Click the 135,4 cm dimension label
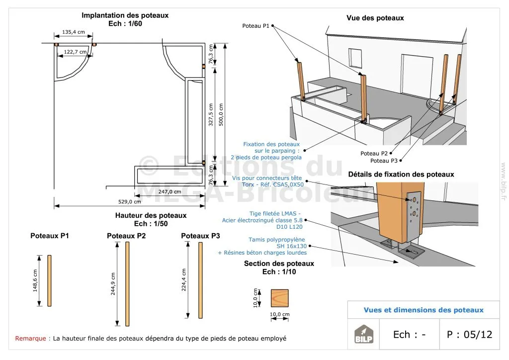pyautogui.click(x=74, y=32)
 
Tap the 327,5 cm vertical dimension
pyautogui.click(x=211, y=114)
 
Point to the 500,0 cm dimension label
pyautogui.click(x=221, y=114)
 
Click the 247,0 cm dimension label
pyautogui.click(x=170, y=191)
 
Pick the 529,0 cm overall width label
pyautogui.click(x=130, y=201)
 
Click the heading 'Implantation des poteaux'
pyautogui.click(x=125, y=15)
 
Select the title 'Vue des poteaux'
pyautogui.click(x=375, y=18)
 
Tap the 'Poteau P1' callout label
pyautogui.click(x=255, y=25)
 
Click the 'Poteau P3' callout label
pyautogui.click(x=384, y=161)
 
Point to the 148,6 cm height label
pyautogui.click(x=35, y=280)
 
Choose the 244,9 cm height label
pyautogui.click(x=113, y=284)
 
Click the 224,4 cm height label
pyautogui.click(x=184, y=280)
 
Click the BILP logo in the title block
pyautogui.click(x=363, y=335)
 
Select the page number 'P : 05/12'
pyautogui.click(x=469, y=334)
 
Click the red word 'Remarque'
pyautogui.click(x=31, y=339)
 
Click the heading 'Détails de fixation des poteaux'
pyautogui.click(x=401, y=175)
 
